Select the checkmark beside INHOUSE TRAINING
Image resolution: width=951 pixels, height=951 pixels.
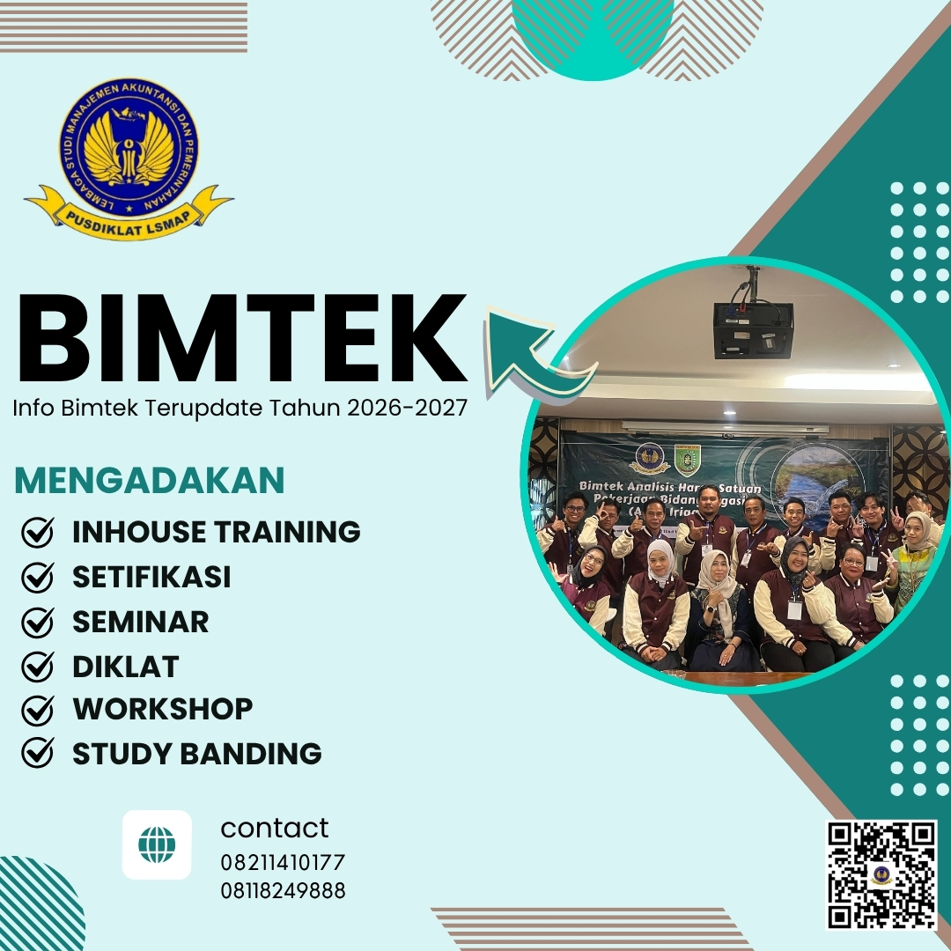point(37,532)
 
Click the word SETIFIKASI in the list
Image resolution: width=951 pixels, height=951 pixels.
point(151,578)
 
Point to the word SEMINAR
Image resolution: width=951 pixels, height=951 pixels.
point(141,622)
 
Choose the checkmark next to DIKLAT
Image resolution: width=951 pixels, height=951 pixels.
point(37,667)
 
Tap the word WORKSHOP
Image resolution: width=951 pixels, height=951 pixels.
point(163,709)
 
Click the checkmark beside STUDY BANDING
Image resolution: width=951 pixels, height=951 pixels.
point(37,754)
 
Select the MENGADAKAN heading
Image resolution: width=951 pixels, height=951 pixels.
point(150,481)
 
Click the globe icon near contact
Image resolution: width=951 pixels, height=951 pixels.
point(157,845)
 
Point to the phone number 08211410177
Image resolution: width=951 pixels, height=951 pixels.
point(283,862)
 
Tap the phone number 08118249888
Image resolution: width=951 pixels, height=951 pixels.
point(283,890)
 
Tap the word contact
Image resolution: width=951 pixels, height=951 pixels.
point(274,828)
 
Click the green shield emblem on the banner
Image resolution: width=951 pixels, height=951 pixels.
point(687,460)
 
